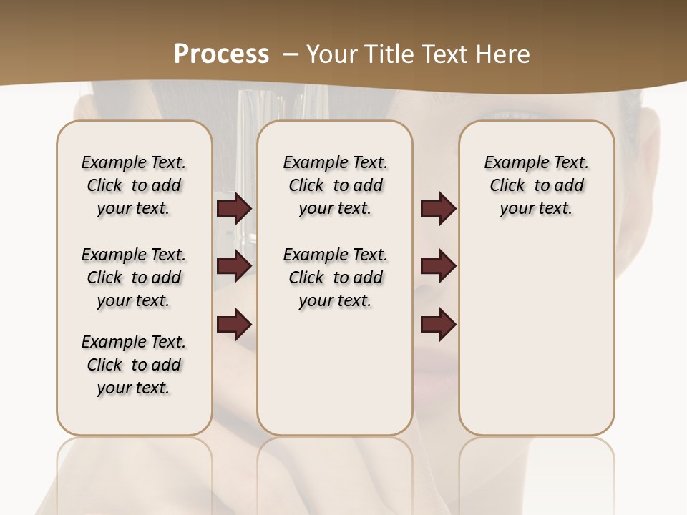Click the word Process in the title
tap(221, 54)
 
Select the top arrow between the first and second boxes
tap(234, 209)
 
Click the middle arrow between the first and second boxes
tap(234, 266)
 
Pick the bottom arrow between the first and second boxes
tap(234, 325)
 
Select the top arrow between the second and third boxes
tap(438, 209)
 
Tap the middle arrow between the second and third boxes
tap(438, 266)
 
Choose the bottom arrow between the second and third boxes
tap(438, 325)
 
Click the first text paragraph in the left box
tap(134, 185)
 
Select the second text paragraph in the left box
tap(134, 278)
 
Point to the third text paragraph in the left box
tap(134, 365)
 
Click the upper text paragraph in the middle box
tap(335, 185)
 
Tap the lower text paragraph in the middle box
tap(335, 278)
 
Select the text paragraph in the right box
tap(537, 185)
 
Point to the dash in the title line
tap(291, 54)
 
